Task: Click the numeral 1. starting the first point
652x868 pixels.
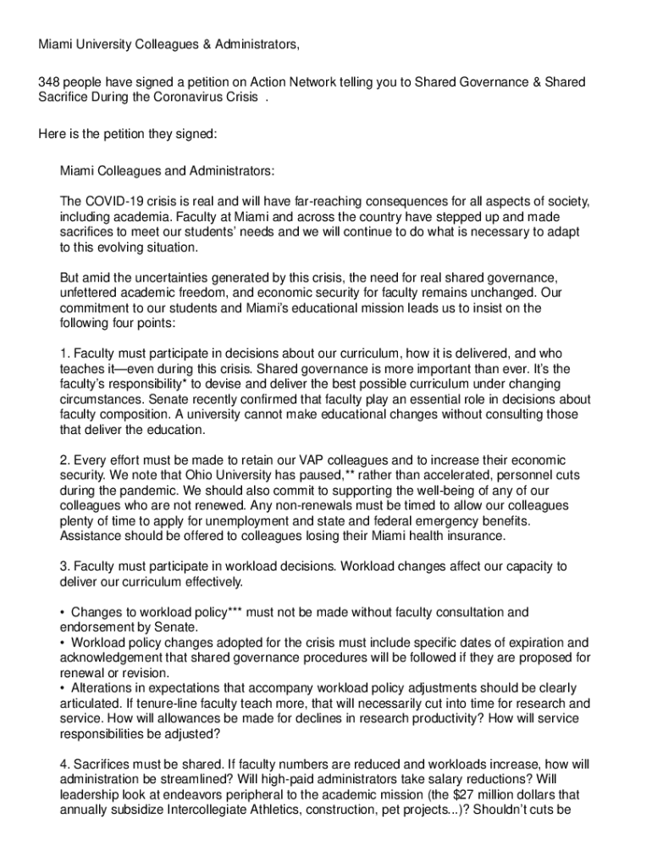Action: (64, 353)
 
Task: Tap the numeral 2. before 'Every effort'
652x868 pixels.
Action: (64, 459)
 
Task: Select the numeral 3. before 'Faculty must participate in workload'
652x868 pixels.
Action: (64, 566)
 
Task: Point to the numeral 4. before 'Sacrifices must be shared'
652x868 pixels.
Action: (64, 765)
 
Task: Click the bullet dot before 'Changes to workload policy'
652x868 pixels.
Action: (63, 612)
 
